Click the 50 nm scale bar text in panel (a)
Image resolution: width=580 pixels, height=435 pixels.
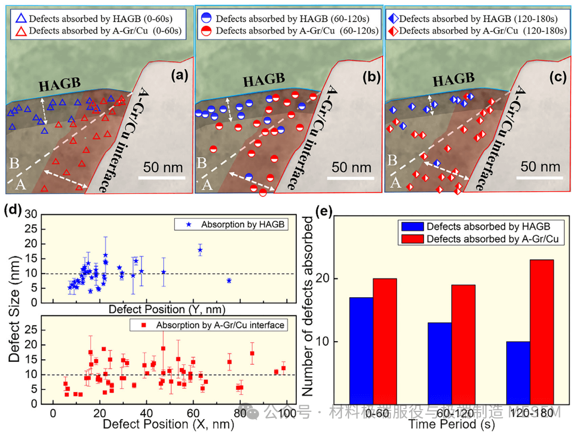pos(163,167)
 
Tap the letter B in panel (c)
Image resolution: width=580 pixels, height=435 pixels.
pos(393,160)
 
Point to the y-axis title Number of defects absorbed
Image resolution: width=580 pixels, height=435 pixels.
pos(309,306)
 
